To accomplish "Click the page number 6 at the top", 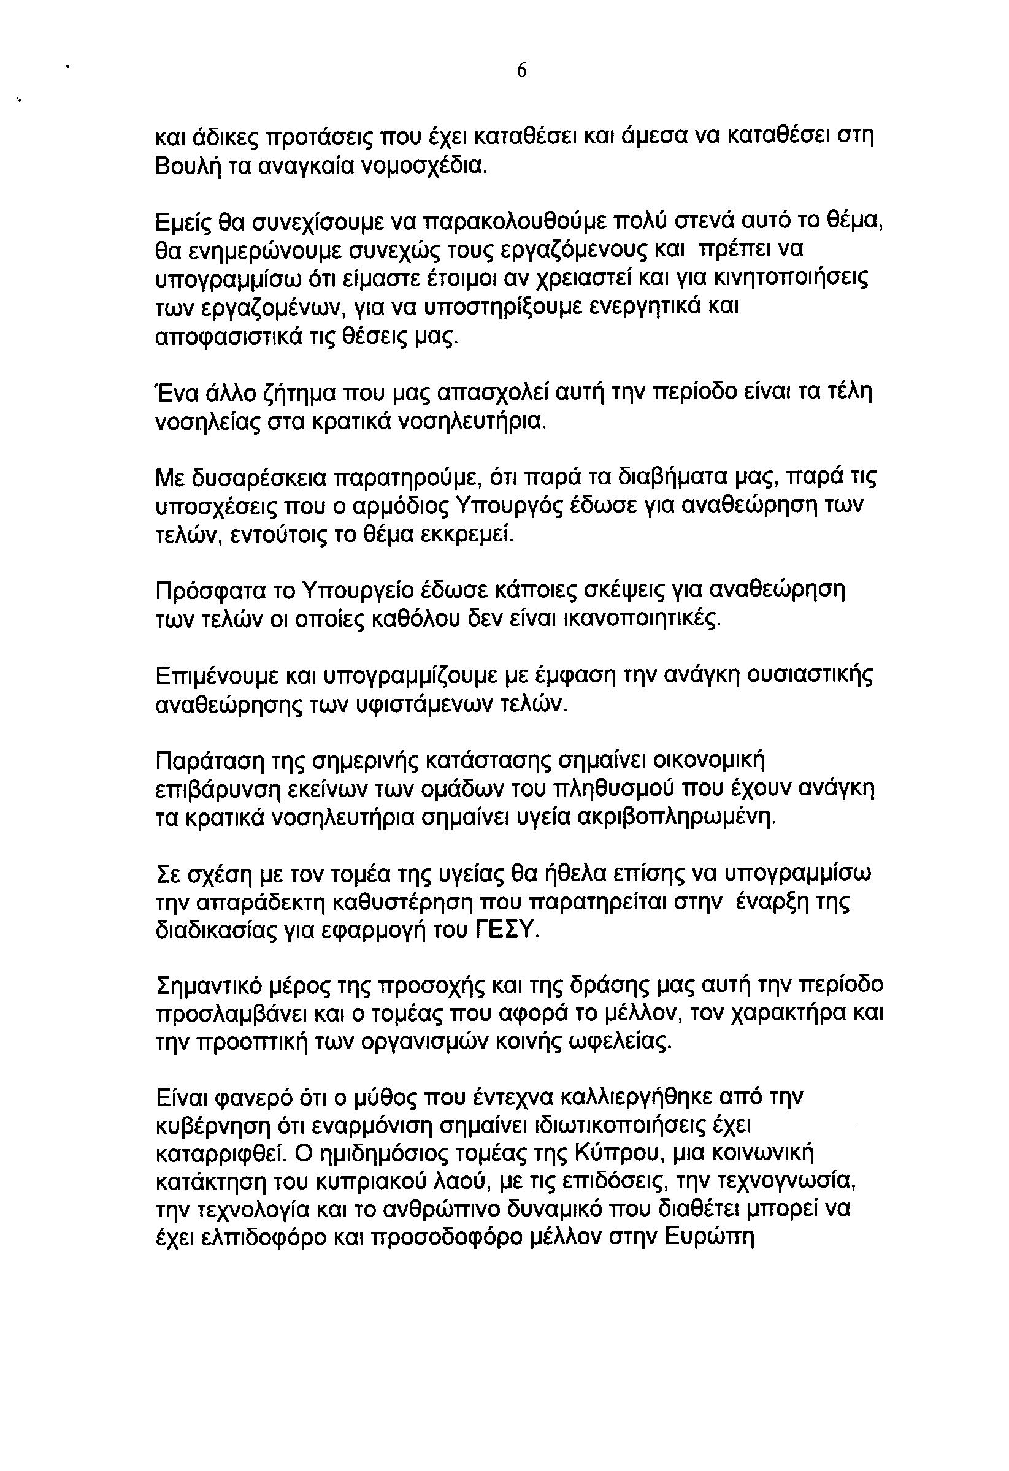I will pyautogui.click(x=521, y=72).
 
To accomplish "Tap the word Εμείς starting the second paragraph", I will pyautogui.click(x=182, y=222).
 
